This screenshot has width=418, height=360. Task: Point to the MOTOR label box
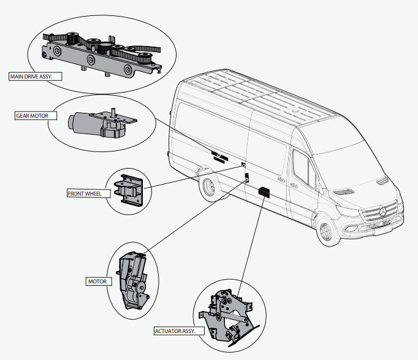tap(97, 281)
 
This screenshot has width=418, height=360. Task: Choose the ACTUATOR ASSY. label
tap(176, 331)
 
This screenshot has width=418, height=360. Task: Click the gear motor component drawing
tap(101, 122)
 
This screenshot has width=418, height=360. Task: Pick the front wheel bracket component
tap(131, 190)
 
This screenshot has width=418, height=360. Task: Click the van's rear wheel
tap(209, 187)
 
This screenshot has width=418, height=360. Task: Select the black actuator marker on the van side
tap(264, 191)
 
